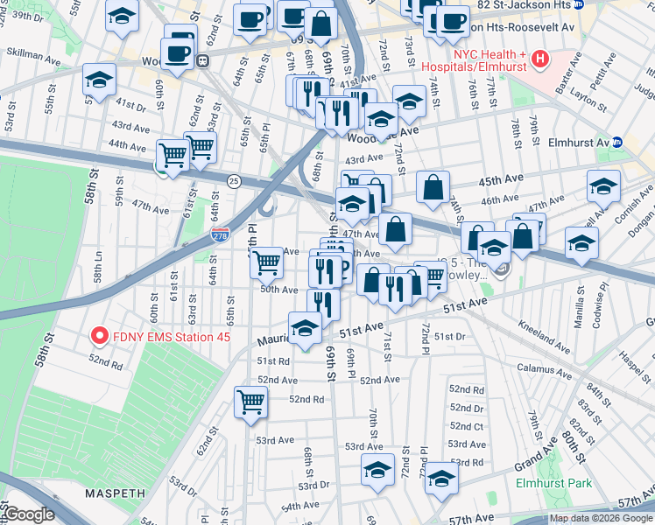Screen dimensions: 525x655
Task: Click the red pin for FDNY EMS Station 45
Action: [x=100, y=335]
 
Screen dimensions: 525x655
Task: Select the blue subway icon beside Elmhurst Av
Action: [x=616, y=142]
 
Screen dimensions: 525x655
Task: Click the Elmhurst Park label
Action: [x=553, y=483]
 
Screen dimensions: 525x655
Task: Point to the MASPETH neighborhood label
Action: [x=114, y=493]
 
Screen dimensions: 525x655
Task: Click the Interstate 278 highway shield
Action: [x=221, y=234]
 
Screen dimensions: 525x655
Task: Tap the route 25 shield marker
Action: [x=233, y=181]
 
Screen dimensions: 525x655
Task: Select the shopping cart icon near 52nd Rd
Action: [x=250, y=402]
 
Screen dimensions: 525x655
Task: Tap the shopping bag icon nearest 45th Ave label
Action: [x=433, y=186]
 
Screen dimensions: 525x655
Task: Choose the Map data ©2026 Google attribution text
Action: [x=601, y=518]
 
